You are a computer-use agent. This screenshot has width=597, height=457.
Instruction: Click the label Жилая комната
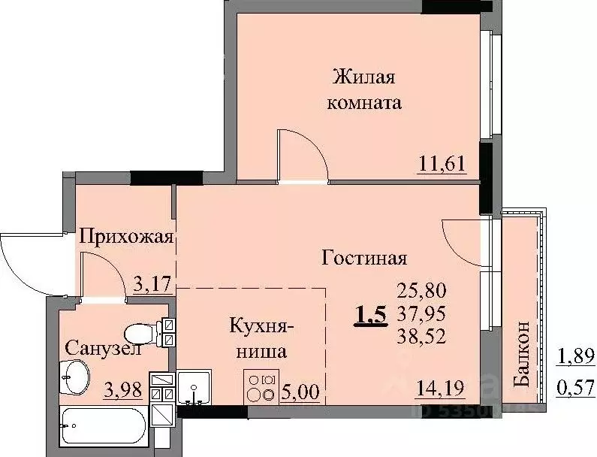tap(364, 89)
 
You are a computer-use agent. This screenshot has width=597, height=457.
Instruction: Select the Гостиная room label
tap(364, 259)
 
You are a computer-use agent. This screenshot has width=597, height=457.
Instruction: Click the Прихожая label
tap(127, 238)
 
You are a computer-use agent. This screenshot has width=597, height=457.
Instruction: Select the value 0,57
tap(575, 388)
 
